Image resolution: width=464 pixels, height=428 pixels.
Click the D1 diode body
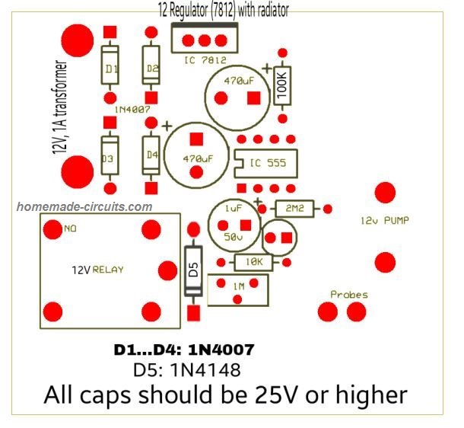pos(110,65)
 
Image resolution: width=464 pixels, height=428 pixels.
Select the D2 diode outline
pos(151,65)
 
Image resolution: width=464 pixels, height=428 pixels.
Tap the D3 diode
pos(110,155)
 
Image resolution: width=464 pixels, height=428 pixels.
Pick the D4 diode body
pos(151,155)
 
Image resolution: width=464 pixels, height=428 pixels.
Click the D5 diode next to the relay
pos(193,271)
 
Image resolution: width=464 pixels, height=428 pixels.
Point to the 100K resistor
pos(282,86)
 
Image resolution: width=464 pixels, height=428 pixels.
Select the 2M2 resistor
pos(294,209)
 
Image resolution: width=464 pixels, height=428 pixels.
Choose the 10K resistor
pos(253,262)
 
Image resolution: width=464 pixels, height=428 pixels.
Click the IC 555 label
pos(268,163)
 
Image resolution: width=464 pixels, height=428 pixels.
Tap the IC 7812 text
pos(205,60)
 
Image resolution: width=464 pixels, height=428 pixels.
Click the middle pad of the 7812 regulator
pos(205,40)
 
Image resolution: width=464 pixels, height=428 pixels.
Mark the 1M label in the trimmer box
pos(239,286)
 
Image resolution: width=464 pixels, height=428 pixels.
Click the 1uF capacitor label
pos(234,209)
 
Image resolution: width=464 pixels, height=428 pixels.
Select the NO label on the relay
pos(70,228)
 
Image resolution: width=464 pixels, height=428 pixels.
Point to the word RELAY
pos(108,270)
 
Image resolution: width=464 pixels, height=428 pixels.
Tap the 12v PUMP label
pos(385,220)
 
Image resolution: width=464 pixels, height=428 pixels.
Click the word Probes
pos(349,295)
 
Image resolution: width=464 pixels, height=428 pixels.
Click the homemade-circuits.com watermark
pos(84,206)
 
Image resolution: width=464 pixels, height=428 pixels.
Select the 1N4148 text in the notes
pos(205,369)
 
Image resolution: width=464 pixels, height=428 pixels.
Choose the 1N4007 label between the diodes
pos(132,110)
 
